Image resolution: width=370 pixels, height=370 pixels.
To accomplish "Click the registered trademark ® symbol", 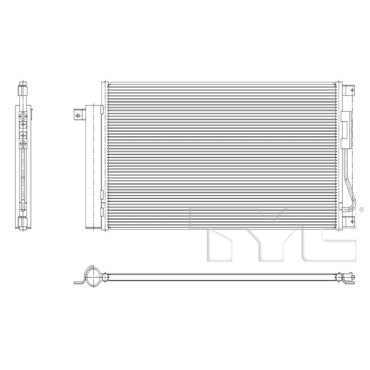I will tap(361, 210).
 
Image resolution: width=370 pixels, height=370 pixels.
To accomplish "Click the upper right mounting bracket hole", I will tap(352, 90).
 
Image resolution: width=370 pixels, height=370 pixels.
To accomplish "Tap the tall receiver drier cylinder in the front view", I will tap(92, 166).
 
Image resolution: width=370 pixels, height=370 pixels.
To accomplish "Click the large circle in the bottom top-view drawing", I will tap(94, 277).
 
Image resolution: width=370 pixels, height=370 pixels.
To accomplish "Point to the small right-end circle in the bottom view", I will tap(339, 277).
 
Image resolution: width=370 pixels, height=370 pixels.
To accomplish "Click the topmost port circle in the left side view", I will tap(24, 116).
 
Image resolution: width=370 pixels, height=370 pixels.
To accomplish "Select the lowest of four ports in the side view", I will tap(24, 144).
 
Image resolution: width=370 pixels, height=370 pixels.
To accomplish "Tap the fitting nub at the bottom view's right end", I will tap(351, 277).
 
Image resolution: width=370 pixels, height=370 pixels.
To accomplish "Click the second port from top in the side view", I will tap(24, 124).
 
